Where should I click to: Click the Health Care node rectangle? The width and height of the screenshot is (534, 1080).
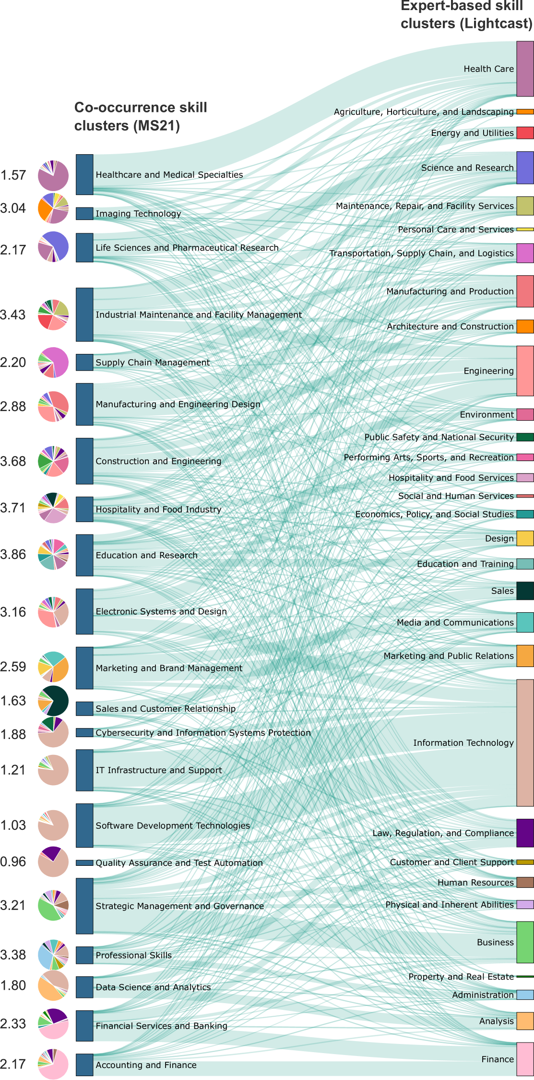click(525, 69)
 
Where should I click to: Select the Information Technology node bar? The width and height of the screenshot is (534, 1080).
click(525, 742)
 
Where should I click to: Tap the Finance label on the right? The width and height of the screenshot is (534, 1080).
click(498, 1059)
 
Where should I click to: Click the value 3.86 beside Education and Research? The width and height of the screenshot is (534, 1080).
click(13, 554)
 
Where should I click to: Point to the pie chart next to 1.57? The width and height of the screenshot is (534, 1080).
click(53, 176)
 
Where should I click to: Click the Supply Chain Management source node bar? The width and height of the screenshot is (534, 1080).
click(84, 363)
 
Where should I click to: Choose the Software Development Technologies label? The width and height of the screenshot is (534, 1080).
click(173, 825)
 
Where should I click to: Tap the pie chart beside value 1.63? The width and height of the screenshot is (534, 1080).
click(53, 701)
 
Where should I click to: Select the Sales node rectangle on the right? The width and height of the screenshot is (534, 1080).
click(525, 591)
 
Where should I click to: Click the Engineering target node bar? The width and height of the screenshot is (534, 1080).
click(525, 371)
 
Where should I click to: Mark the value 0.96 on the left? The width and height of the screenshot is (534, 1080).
click(13, 862)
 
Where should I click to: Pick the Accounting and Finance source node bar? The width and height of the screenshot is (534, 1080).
click(84, 1065)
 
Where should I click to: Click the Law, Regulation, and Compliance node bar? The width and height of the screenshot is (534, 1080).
click(525, 833)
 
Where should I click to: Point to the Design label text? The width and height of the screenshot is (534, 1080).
click(499, 538)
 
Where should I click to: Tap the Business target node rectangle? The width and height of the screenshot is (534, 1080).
click(525, 942)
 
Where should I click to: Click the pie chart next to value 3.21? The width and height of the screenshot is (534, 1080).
click(53, 905)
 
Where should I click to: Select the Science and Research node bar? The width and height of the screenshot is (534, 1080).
click(525, 168)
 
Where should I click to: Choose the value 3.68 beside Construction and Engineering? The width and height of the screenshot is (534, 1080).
click(13, 461)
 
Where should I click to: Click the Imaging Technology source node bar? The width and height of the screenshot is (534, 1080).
click(84, 214)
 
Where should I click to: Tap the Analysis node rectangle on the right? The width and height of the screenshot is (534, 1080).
click(525, 1021)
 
